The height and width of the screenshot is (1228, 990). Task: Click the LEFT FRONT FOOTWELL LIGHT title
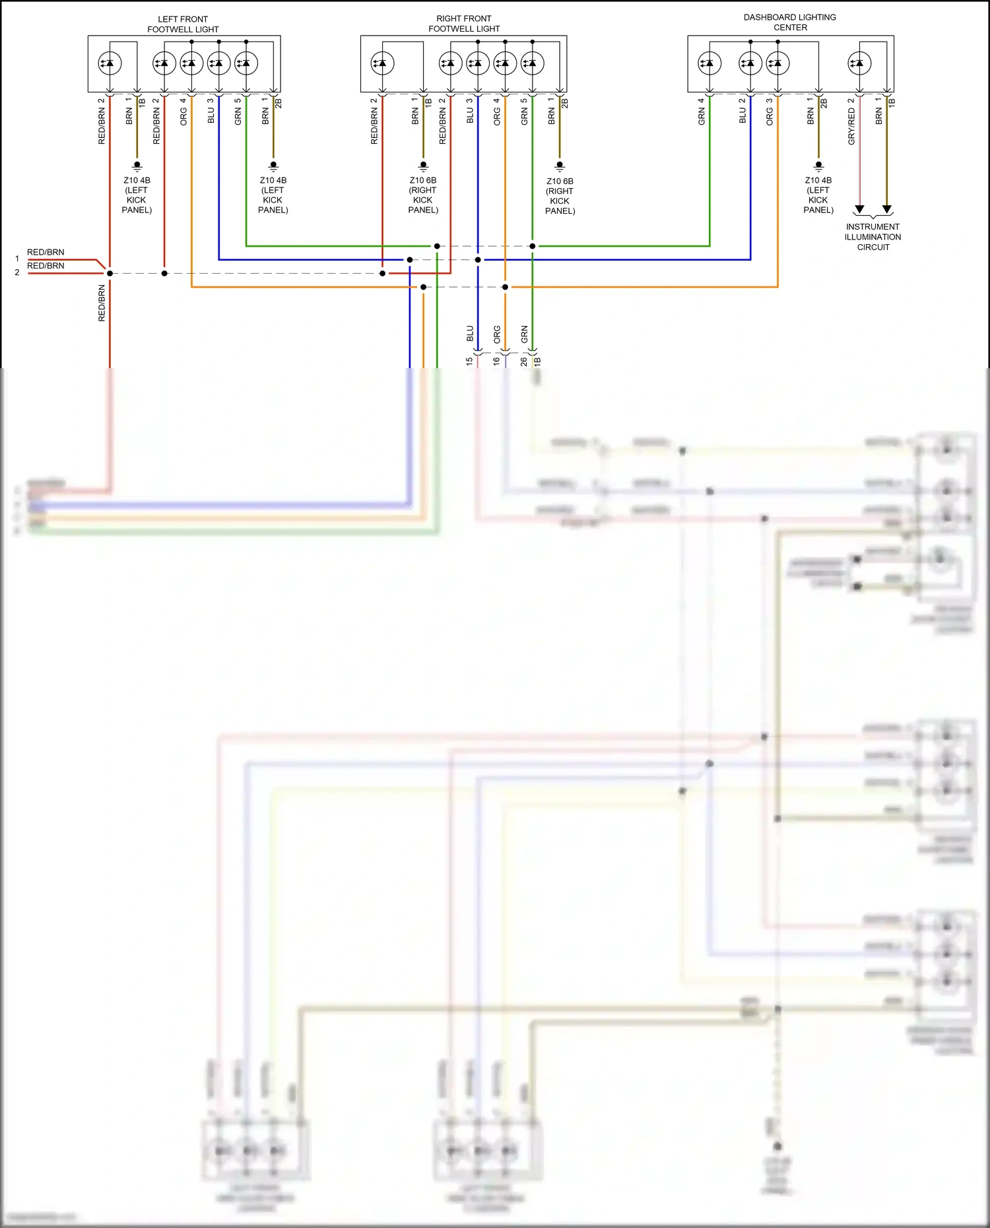[183, 24]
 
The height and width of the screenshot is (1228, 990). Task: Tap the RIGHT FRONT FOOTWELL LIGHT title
[464, 24]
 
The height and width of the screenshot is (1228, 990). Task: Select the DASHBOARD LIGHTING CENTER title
[790, 22]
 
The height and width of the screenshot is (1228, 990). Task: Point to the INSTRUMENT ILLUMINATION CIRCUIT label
[873, 237]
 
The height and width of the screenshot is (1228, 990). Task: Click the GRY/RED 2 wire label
[851, 122]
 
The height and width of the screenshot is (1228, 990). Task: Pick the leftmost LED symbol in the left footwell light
[110, 63]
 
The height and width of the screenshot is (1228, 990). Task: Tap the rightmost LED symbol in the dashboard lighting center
[859, 63]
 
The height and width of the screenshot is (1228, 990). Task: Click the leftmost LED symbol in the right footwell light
[383, 63]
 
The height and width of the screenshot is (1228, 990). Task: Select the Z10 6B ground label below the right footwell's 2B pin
[560, 196]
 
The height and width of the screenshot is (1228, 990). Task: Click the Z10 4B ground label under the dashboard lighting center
[818, 195]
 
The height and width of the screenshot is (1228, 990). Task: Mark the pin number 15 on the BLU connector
[469, 362]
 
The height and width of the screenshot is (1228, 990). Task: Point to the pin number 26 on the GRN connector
[524, 362]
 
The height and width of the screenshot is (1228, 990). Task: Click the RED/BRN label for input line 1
[46, 252]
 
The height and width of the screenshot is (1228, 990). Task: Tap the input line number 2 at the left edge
[17, 273]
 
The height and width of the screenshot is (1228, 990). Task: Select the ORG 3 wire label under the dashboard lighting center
[770, 112]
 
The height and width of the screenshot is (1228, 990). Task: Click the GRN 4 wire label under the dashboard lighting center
[702, 112]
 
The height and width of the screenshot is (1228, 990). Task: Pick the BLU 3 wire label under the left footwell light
[211, 111]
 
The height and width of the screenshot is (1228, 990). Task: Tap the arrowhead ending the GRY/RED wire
[859, 210]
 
